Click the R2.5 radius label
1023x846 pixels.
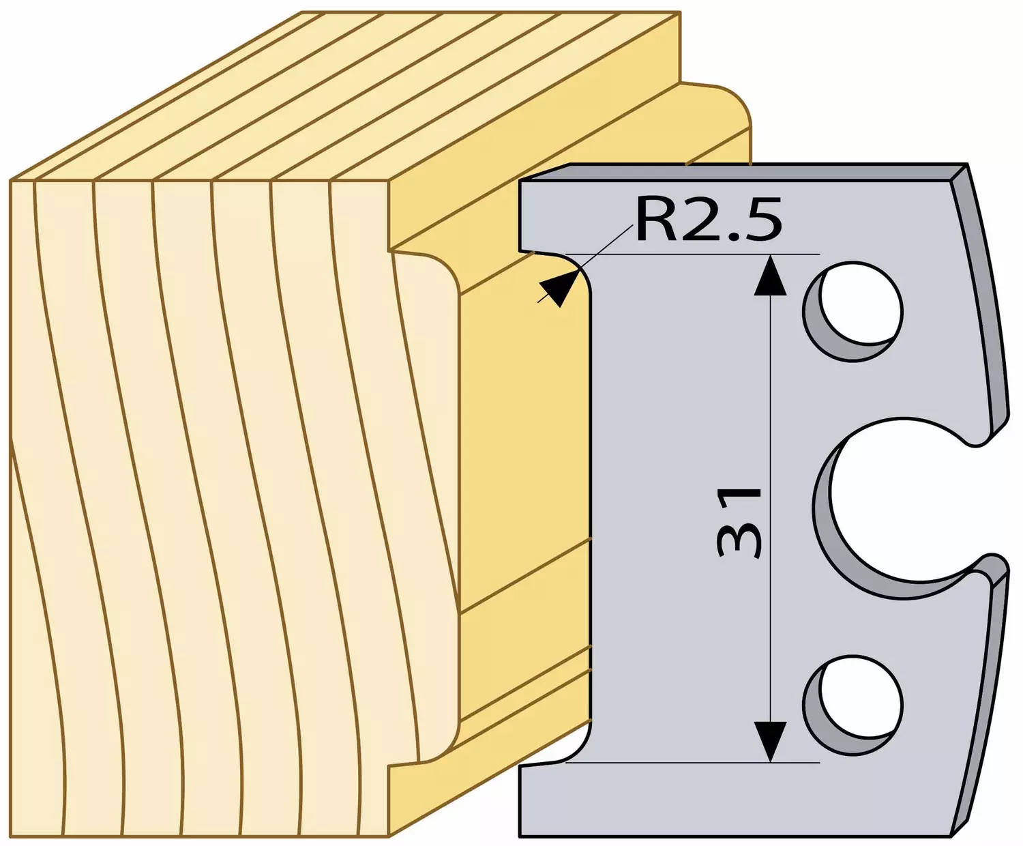tap(708, 220)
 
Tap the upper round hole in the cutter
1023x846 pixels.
tap(853, 312)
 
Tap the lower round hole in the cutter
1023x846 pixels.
tap(853, 706)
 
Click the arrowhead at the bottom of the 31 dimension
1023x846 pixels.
tap(770, 742)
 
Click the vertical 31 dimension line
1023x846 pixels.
tap(770, 508)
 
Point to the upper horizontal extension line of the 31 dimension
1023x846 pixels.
tap(692, 254)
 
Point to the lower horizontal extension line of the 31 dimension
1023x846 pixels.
tap(692, 763)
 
